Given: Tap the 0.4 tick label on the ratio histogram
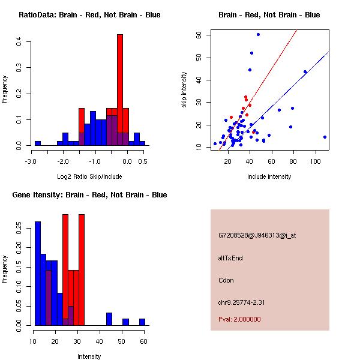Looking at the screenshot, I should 19,41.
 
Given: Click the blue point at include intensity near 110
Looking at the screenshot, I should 325,137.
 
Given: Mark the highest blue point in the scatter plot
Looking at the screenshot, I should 258,34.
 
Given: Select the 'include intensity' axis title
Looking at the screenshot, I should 269,177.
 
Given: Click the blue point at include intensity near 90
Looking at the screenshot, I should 305,72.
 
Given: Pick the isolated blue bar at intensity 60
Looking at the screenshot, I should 142,322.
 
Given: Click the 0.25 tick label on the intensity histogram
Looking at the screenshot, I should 19,227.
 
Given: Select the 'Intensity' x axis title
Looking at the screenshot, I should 89,357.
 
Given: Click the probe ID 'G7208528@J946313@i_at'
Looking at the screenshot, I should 257,235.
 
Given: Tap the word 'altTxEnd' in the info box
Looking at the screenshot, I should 230,258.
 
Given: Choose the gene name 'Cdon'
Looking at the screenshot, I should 226,280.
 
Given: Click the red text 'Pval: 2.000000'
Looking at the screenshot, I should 239,319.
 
